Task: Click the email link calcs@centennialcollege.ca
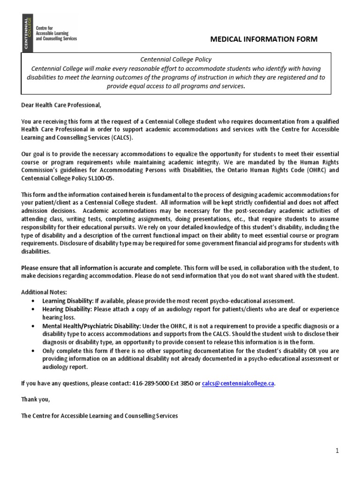pos(238,383)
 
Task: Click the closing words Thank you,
pos(35,399)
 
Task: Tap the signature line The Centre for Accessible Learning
pos(99,416)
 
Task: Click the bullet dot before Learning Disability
pos(32,300)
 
